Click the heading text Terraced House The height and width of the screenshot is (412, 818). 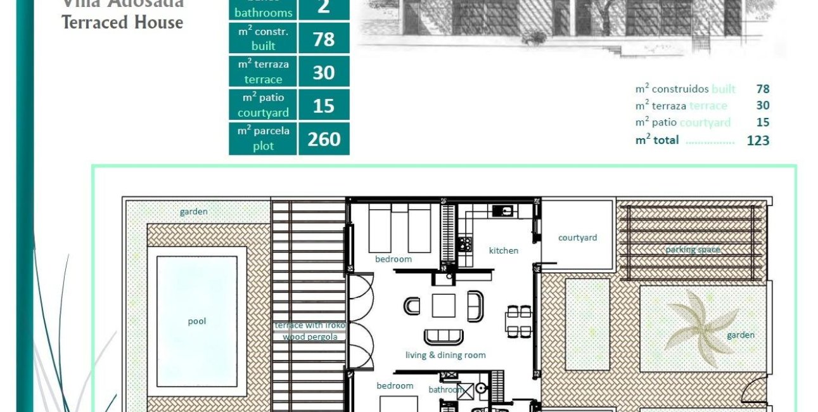pos(122,22)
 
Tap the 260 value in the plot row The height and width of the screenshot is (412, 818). pos(324,139)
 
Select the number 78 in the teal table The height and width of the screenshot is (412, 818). pos(324,39)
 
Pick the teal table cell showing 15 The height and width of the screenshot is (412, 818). pos(324,105)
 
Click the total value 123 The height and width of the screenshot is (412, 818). pos(758,141)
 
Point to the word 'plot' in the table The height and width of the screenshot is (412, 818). pos(263,146)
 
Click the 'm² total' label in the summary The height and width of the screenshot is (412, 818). pos(657,140)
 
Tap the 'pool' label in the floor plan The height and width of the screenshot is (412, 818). pos(197,321)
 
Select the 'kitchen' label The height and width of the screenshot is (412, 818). pos(504,250)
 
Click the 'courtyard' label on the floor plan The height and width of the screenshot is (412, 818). pos(577,238)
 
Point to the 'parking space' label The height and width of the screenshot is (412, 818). pos(693,250)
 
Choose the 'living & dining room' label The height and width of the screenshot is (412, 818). pos(445,355)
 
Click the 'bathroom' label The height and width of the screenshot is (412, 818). pos(445,390)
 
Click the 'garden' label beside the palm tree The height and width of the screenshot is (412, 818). pos(740,335)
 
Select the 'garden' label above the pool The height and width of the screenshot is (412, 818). pos(194,212)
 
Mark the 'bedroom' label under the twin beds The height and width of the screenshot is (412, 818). pos(393,259)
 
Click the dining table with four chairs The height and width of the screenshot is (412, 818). pos(518,321)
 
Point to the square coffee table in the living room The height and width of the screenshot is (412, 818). pos(444,306)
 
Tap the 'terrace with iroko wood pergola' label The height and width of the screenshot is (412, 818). pos(310,331)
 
